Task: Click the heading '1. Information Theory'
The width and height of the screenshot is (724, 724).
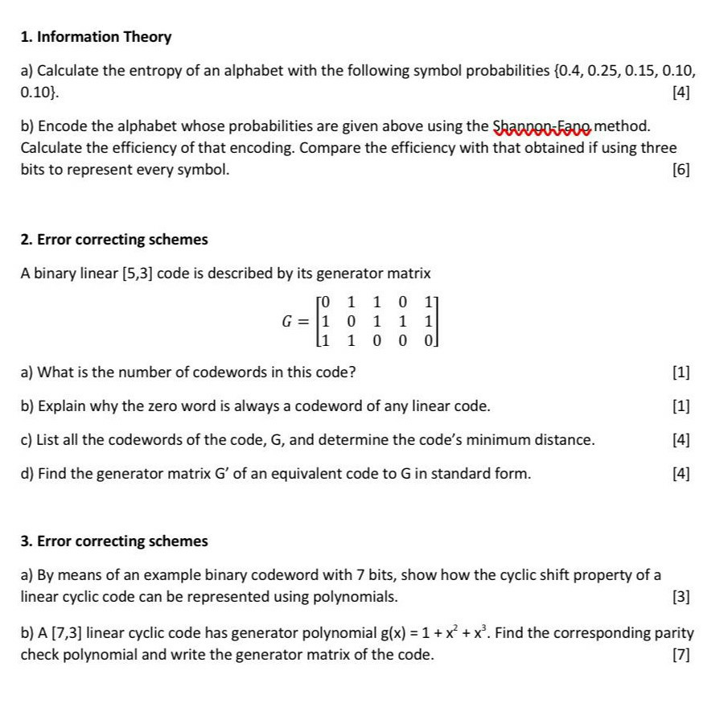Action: (x=96, y=37)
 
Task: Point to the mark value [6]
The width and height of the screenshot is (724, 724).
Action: (x=681, y=170)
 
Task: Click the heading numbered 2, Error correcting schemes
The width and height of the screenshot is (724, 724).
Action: (x=113, y=240)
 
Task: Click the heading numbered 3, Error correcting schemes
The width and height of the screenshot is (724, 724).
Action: (x=113, y=541)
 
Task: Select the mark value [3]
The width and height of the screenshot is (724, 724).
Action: (x=681, y=597)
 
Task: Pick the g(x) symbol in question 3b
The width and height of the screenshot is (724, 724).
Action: (x=397, y=633)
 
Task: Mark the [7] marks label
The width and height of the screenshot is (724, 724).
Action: (x=681, y=655)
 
